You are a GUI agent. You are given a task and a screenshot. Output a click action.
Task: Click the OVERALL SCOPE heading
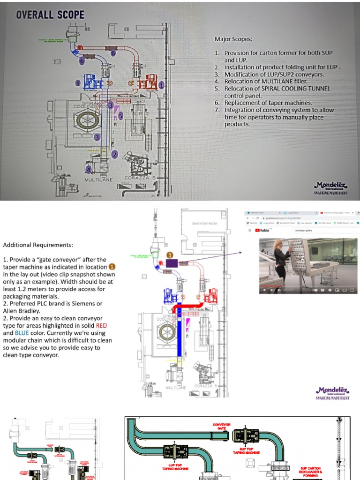point(50,15)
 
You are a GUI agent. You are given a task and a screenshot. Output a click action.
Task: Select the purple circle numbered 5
point(120,115)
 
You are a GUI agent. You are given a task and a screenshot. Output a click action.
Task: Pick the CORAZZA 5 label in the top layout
point(140,178)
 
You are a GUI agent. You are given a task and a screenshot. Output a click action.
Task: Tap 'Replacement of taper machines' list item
point(268,103)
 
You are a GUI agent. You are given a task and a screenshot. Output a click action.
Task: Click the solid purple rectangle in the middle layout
point(170,263)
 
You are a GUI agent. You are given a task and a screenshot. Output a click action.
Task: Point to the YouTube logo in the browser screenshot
point(264,230)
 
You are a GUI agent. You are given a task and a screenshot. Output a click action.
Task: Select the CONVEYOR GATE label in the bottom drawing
point(222,427)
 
